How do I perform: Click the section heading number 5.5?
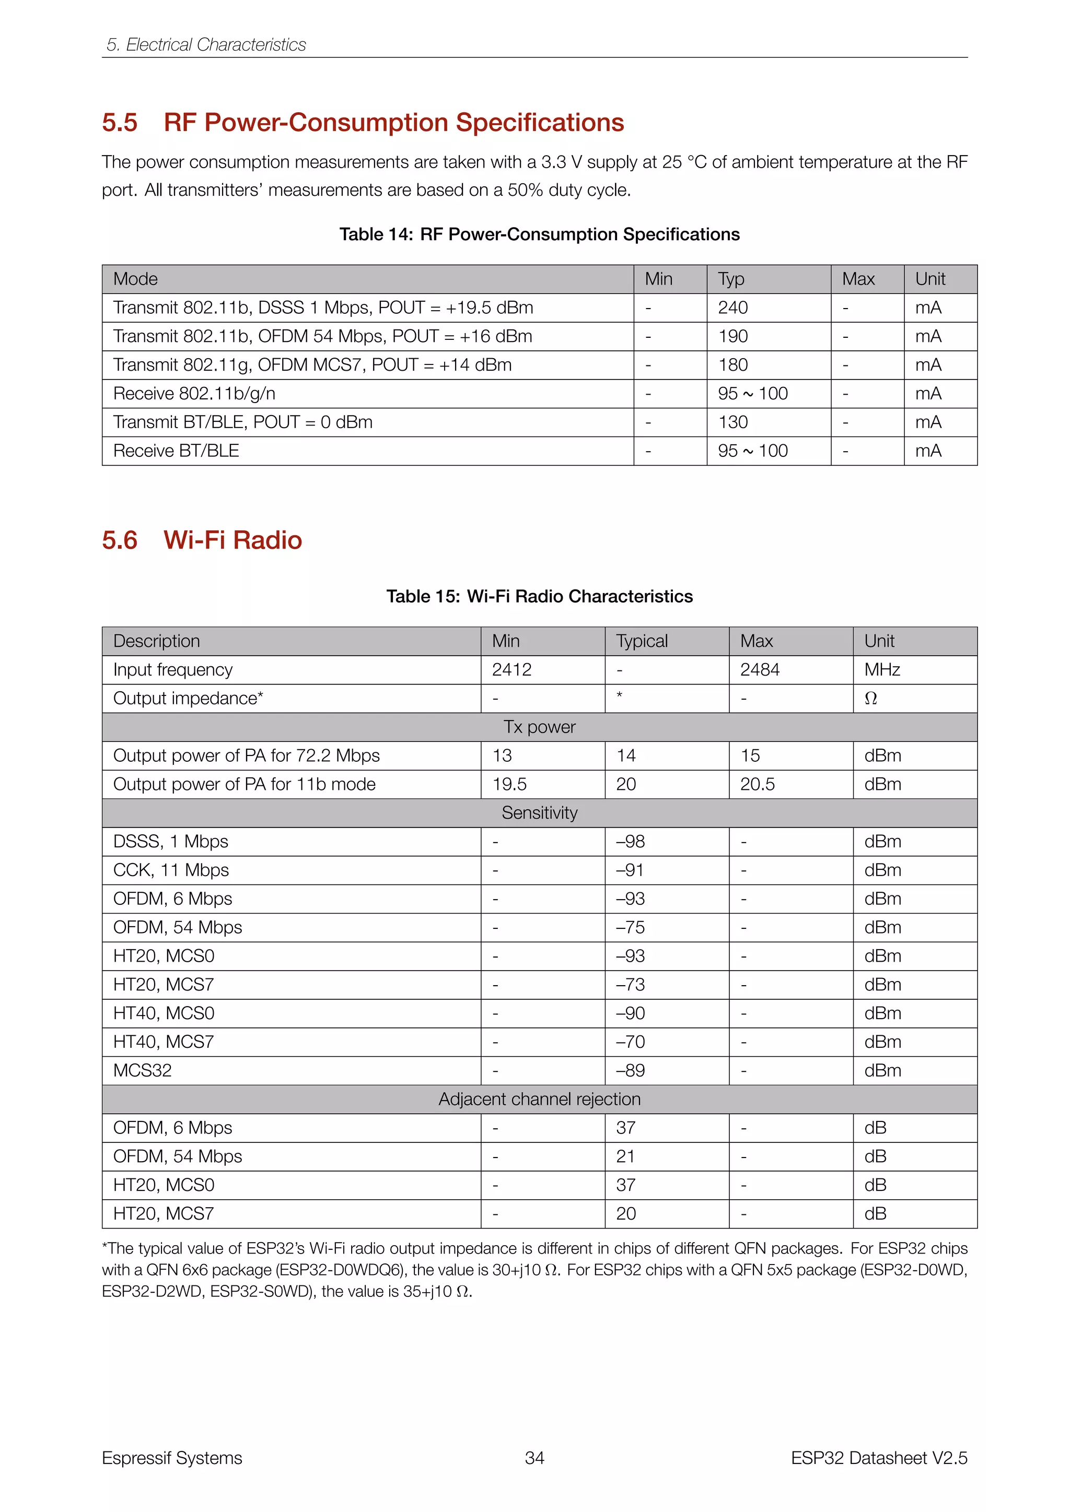pyautogui.click(x=119, y=123)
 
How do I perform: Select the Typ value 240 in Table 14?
pyautogui.click(x=732, y=308)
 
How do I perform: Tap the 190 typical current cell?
pyautogui.click(x=732, y=337)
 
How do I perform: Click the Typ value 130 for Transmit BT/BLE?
pyautogui.click(x=732, y=422)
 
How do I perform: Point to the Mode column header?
pyautogui.click(x=135, y=279)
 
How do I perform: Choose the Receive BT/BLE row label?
pyautogui.click(x=176, y=451)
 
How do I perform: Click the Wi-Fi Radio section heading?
pyautogui.click(x=232, y=540)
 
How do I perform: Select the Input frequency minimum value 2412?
pyautogui.click(x=511, y=670)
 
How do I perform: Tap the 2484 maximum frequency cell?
pyautogui.click(x=760, y=670)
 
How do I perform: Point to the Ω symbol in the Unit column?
pyautogui.click(x=870, y=699)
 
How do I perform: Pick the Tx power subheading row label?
pyautogui.click(x=539, y=727)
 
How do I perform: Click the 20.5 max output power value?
pyautogui.click(x=757, y=784)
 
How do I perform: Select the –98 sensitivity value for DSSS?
pyautogui.click(x=630, y=842)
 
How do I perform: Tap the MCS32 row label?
pyautogui.click(x=142, y=1071)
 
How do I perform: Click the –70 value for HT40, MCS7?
pyautogui.click(x=630, y=1042)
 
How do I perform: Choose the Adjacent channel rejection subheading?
pyautogui.click(x=539, y=1099)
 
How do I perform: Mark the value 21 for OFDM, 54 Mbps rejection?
pyautogui.click(x=625, y=1156)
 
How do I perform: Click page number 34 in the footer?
pyautogui.click(x=534, y=1458)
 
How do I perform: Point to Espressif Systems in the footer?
pyautogui.click(x=172, y=1458)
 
